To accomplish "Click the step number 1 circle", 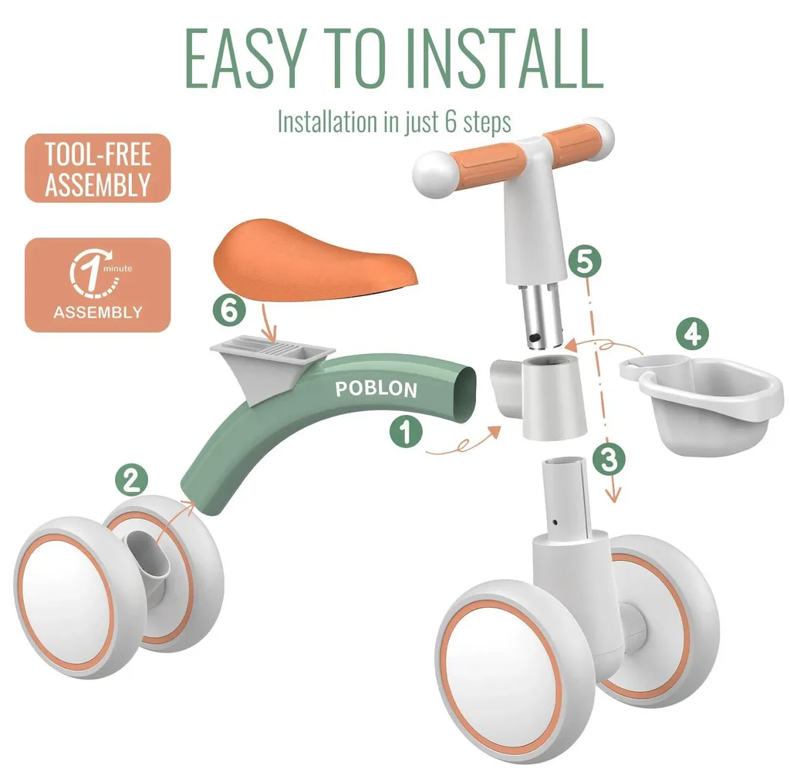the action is coord(406,432).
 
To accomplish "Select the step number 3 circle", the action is coord(609,459).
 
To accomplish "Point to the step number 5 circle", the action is coord(585,261).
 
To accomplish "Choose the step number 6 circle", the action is coord(229,310).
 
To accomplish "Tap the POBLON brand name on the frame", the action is coord(376,389).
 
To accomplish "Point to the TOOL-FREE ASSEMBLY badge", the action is coord(98,168).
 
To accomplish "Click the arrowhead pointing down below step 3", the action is coord(613,495).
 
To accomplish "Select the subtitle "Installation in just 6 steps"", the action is coord(394,122).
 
